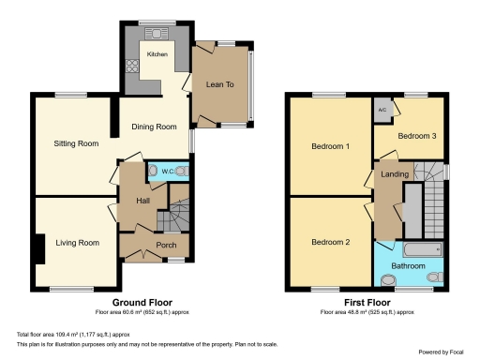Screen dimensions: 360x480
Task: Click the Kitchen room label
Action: click(157, 54)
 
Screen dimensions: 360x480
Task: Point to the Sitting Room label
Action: click(75, 143)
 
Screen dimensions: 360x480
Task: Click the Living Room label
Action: click(76, 243)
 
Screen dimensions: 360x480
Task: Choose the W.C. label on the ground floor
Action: click(166, 172)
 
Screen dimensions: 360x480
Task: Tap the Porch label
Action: click(166, 247)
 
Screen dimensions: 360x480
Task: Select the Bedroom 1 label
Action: click(331, 146)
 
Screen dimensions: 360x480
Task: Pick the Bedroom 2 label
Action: click(331, 243)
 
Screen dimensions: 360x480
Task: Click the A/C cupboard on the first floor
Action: click(382, 110)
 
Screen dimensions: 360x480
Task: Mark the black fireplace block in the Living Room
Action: click(37, 248)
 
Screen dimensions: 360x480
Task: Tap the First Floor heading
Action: click(367, 303)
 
